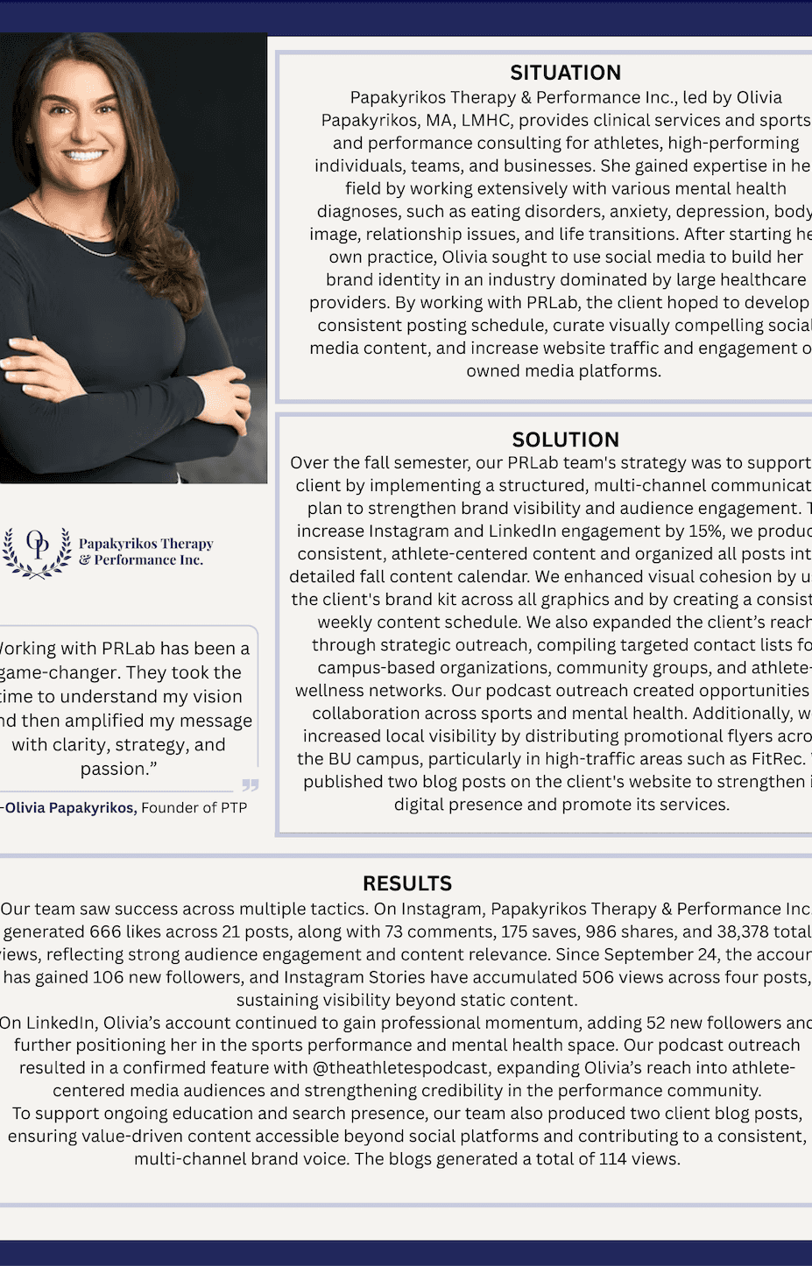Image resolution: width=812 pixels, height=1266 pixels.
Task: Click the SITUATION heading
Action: pos(565,73)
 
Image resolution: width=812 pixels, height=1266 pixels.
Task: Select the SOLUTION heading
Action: pos(565,440)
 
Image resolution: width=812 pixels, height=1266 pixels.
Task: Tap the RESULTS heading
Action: pos(407,883)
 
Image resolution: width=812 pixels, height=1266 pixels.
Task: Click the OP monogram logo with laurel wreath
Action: pos(37,552)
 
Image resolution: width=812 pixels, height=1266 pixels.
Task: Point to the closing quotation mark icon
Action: pos(251,784)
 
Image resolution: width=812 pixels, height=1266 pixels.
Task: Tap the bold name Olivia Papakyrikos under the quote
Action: pos(69,807)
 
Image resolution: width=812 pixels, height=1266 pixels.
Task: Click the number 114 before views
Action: pos(612,1159)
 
